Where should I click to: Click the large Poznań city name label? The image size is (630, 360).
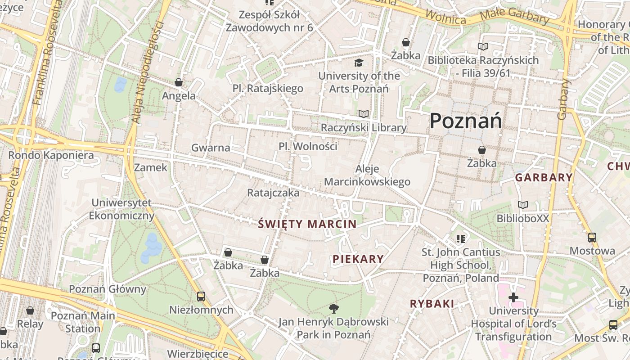pos(466,121)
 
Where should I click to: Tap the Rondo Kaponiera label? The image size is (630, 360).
pos(51,156)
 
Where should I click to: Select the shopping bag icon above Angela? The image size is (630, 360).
pos(179,82)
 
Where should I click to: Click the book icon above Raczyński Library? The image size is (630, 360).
pos(363,114)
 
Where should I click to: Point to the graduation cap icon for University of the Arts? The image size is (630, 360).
pos(359,63)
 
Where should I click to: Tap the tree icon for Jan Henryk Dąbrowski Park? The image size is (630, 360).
pos(333,308)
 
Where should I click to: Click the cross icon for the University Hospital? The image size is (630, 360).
pos(513,297)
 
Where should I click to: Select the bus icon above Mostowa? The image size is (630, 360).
pos(592,237)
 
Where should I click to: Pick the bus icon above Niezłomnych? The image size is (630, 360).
pos(201,297)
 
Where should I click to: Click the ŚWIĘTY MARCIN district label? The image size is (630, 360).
pos(307,224)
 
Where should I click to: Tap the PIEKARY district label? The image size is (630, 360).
pos(358,259)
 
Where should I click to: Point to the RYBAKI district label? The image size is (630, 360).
pos(432,304)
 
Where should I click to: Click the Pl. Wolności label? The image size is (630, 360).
pos(308,147)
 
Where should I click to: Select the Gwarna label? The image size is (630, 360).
pos(211,148)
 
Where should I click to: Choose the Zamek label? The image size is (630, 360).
pos(151,168)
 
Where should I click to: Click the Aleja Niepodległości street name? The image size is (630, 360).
pos(147,72)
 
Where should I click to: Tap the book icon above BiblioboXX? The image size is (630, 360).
pos(522,205)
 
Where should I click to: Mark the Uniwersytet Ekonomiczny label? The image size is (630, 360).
pos(121,209)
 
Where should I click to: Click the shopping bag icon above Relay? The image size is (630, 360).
pos(30,310)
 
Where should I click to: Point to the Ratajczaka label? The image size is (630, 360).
pos(273,193)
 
